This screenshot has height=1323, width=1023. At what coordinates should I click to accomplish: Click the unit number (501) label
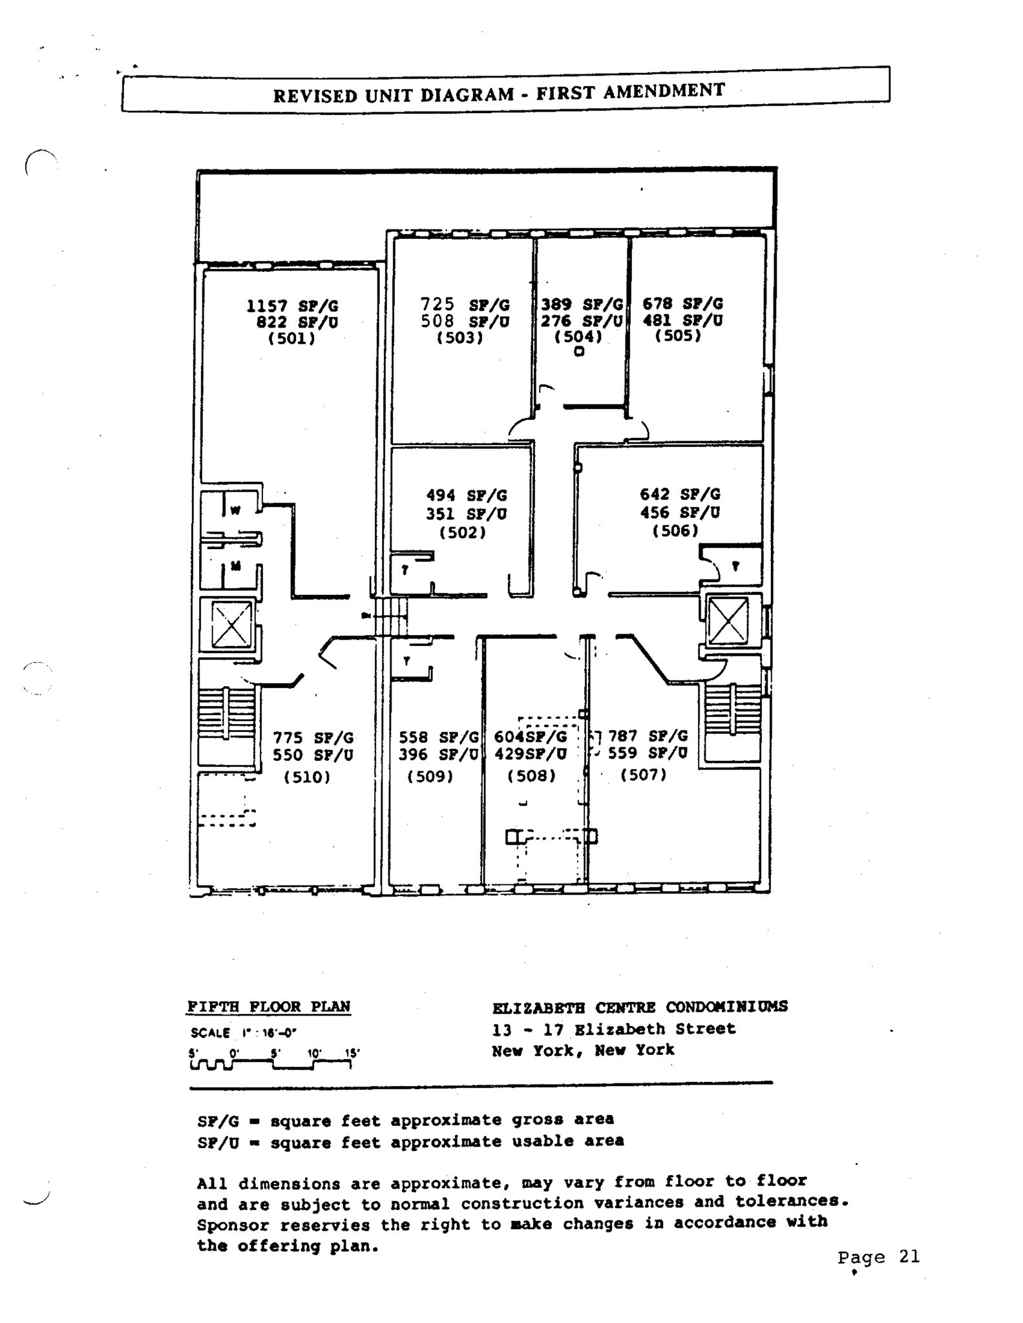291,339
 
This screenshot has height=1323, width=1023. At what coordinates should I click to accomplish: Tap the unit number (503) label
459,338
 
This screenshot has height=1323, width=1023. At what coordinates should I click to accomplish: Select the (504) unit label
578,337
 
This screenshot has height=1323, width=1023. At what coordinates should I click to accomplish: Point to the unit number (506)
675,531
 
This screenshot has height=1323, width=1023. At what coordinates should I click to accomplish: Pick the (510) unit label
307,777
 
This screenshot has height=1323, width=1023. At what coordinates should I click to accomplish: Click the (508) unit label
532,775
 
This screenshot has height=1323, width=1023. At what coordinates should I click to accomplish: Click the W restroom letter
236,510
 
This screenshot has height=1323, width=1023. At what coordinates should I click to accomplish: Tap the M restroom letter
236,567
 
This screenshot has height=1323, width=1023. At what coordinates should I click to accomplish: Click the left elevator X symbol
231,623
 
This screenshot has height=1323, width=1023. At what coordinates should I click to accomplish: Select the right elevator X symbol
728,621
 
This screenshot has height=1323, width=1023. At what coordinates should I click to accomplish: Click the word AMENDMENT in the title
664,91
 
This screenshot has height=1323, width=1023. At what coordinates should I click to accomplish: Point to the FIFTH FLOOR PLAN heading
269,1006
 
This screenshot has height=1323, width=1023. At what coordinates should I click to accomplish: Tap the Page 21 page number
878,1257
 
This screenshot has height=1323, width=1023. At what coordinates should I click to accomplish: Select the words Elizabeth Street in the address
654,1029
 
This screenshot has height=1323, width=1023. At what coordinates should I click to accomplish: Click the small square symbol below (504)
579,352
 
